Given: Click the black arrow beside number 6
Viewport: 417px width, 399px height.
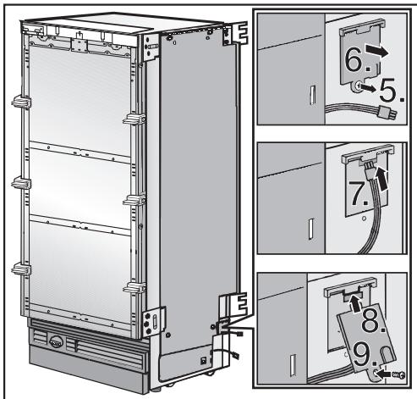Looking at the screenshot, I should tap(381, 51).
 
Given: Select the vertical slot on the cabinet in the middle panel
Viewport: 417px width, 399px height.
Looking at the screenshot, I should tap(310, 228).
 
